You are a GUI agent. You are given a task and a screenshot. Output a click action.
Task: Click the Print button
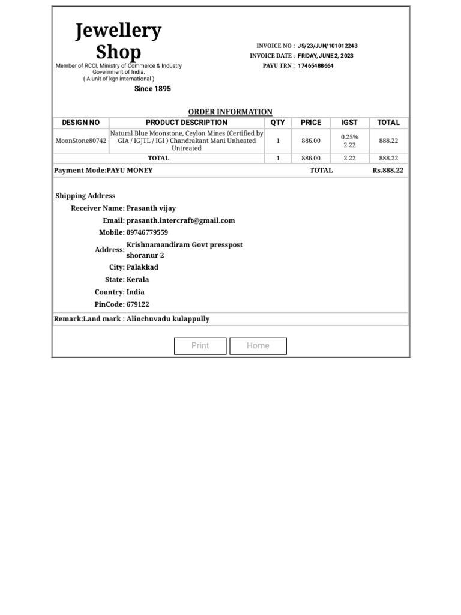tap(200, 346)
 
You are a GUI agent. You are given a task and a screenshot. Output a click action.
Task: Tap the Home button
tap(258, 346)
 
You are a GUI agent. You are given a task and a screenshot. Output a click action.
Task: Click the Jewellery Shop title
tap(118, 41)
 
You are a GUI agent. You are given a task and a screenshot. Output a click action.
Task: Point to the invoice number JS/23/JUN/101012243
tap(328, 46)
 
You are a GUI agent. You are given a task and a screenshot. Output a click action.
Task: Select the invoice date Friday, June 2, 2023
tap(325, 56)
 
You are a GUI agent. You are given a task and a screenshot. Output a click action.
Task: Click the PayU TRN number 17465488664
tap(316, 66)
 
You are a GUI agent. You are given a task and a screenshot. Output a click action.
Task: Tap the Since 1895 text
tap(152, 89)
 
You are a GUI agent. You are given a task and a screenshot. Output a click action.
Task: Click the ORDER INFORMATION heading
tap(230, 112)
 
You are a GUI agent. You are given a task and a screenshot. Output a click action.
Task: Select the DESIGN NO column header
tap(81, 123)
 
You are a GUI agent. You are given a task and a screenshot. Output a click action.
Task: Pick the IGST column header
tap(349, 123)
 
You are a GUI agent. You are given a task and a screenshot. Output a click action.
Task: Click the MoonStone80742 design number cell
tap(81, 141)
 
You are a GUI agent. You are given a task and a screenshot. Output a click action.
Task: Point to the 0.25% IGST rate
tap(349, 137)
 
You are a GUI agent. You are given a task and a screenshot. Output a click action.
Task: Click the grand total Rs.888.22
tap(388, 171)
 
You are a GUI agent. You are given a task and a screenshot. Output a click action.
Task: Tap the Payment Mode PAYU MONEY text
tap(103, 171)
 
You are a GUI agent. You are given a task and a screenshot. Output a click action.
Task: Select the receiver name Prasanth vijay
tap(151, 208)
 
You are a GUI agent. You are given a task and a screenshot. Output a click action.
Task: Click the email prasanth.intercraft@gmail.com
tap(181, 220)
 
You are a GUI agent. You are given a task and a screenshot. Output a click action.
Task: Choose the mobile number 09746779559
tap(147, 232)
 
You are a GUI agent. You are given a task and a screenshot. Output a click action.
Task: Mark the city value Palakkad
tap(142, 267)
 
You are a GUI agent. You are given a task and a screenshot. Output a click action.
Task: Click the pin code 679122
tap(138, 304)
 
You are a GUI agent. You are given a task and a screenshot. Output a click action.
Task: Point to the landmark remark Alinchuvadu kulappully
tap(168, 319)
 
